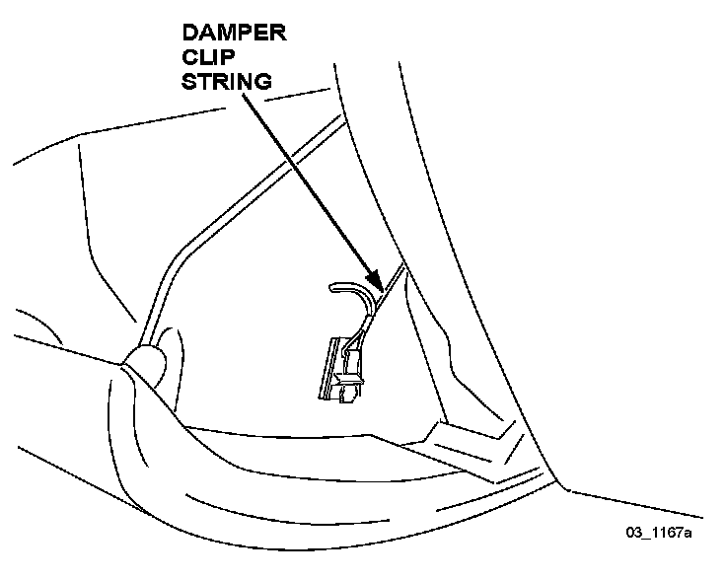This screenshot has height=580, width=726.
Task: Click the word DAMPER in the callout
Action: (x=233, y=36)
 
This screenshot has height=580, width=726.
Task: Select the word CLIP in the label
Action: (x=206, y=58)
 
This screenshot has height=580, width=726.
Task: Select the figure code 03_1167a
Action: (x=658, y=534)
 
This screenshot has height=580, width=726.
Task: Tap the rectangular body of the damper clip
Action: (x=340, y=365)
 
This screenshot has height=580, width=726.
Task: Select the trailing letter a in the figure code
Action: (x=687, y=534)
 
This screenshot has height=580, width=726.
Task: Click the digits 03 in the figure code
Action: (x=632, y=534)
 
